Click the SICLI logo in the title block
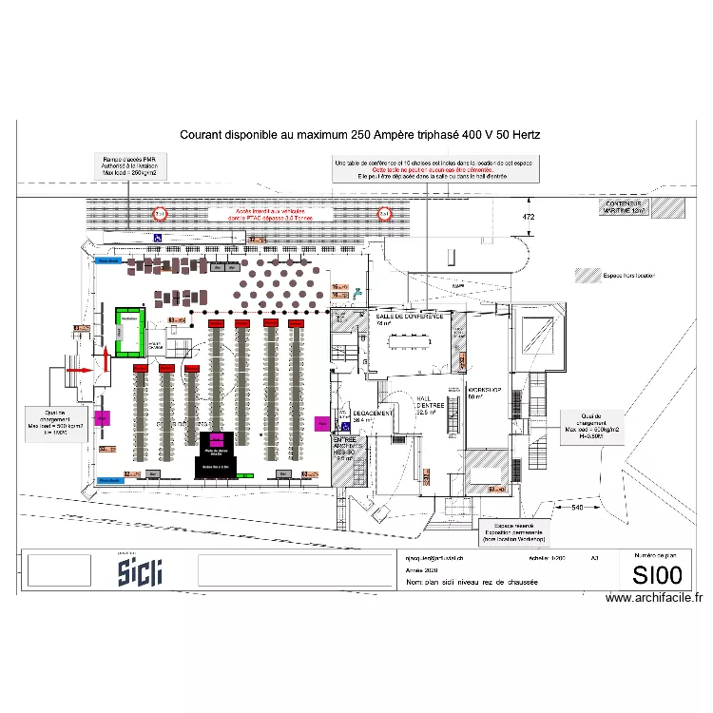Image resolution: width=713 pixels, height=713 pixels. (x=140, y=571)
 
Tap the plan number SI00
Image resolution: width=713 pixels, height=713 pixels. (x=657, y=575)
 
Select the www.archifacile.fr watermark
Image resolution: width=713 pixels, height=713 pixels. (x=653, y=598)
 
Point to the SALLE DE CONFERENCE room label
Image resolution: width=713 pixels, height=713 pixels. (x=410, y=316)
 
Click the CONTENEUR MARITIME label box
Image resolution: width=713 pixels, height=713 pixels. (x=626, y=206)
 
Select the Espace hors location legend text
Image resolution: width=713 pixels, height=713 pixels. (x=628, y=276)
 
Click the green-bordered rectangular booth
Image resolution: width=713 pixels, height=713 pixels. (x=128, y=330)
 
